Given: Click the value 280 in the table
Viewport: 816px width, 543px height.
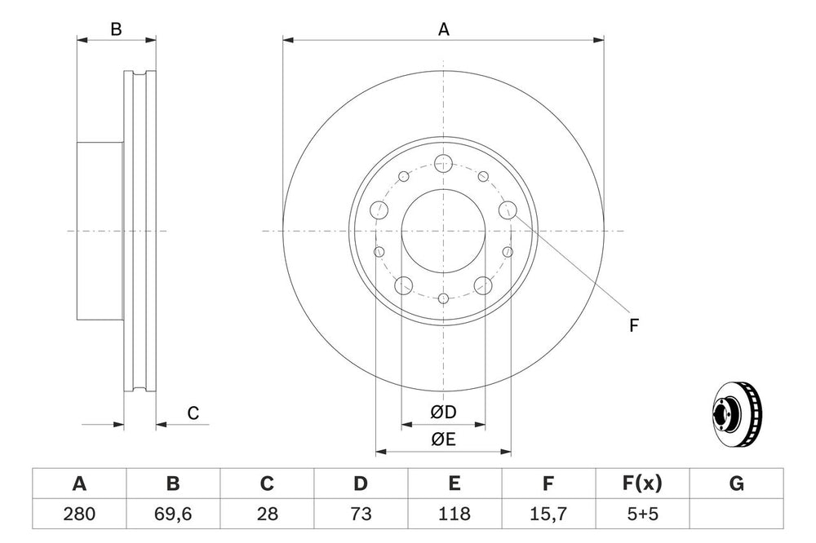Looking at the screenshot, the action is point(79,514).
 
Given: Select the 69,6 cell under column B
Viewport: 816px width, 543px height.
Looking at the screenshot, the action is point(173,514).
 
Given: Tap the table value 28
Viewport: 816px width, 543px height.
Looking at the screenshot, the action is point(267,514).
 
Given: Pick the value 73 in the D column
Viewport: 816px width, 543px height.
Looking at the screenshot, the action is point(361,514).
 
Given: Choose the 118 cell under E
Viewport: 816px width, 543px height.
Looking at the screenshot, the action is point(455,514).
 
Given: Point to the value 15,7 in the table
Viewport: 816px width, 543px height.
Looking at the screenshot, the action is point(548,514).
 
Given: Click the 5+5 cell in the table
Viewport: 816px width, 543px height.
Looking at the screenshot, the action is point(642,514).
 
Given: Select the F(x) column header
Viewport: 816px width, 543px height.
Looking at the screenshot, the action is point(642,483).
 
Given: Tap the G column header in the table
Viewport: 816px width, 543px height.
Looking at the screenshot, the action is point(736,483).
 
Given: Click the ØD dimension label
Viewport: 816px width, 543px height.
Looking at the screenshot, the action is point(443,412).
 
